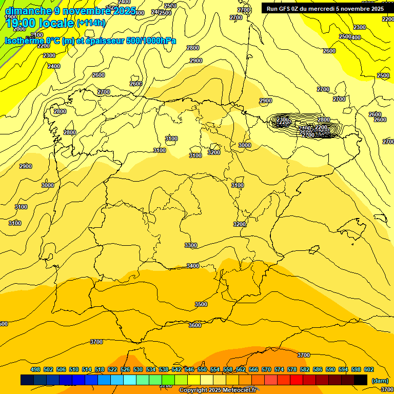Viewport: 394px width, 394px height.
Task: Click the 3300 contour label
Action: (191, 245)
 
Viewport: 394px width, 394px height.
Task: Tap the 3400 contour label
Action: (193, 266)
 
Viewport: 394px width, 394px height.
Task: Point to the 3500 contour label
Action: (201, 304)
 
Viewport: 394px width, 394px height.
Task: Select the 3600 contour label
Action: (195, 325)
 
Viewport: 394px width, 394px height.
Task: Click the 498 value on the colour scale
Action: (35, 369)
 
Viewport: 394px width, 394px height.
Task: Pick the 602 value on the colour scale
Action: (369, 369)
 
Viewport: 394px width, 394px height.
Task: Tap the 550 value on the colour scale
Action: (202, 369)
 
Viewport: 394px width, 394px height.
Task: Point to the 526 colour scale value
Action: (125, 369)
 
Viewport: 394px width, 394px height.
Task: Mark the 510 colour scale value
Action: (74, 369)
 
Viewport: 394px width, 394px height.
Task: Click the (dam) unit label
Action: (380, 381)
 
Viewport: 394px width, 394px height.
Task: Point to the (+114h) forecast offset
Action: (91, 23)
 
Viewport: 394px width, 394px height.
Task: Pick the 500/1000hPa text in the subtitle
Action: (151, 41)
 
